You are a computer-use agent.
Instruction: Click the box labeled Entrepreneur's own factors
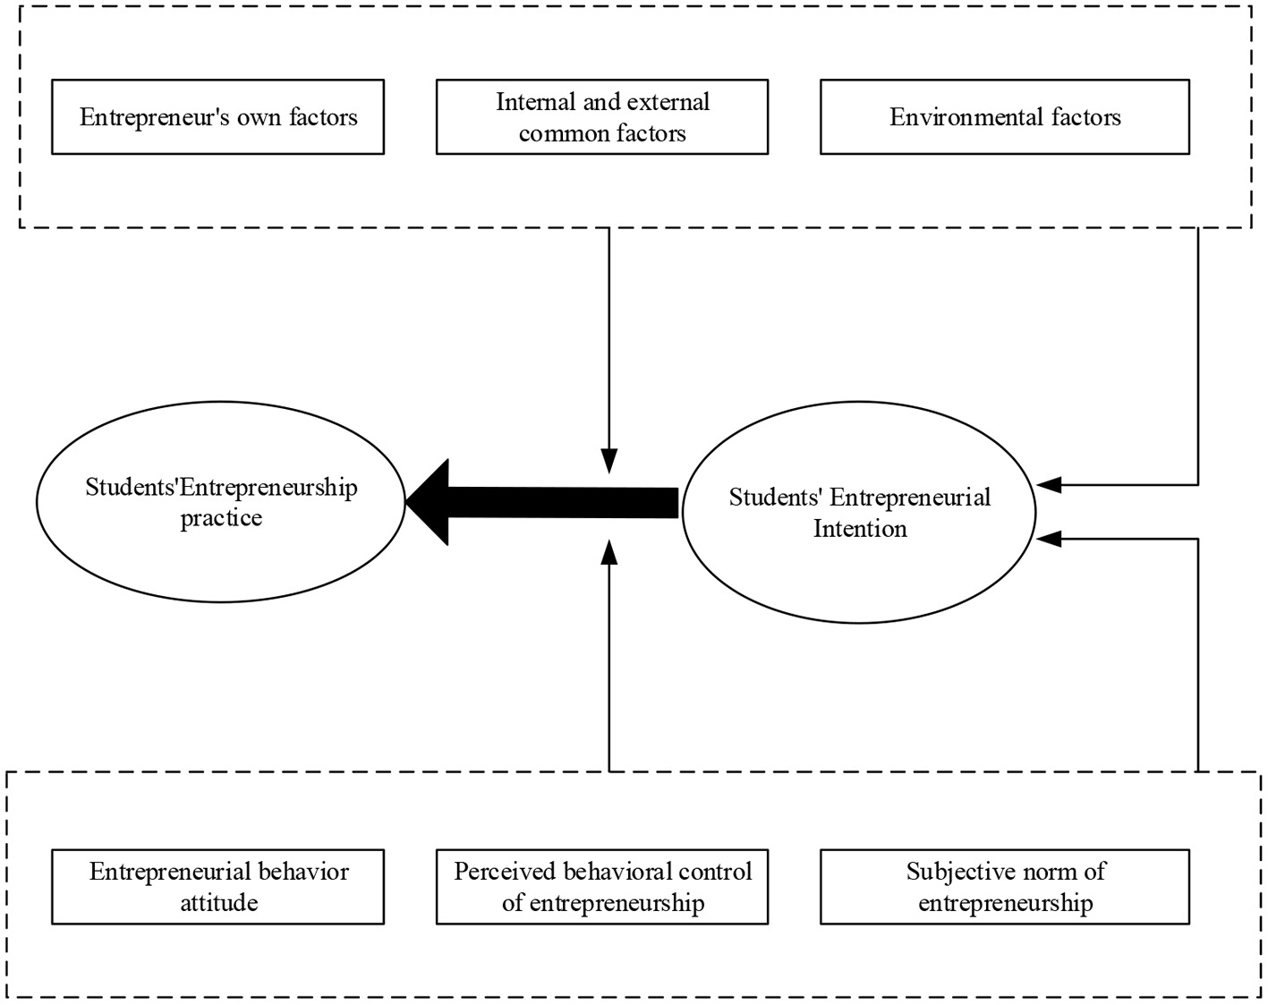[x=217, y=117]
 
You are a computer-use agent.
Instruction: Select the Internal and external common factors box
[x=601, y=117]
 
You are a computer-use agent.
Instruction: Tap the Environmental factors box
[x=1004, y=117]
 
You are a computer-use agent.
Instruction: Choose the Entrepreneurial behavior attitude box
[x=217, y=887]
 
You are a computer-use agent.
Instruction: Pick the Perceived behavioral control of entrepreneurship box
[x=601, y=887]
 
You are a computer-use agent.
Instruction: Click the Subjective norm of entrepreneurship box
[x=1004, y=887]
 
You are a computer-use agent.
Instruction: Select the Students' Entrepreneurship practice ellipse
[x=220, y=501]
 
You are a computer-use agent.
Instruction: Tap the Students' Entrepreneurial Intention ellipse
[x=859, y=512]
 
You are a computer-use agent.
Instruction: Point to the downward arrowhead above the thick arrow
[x=609, y=460]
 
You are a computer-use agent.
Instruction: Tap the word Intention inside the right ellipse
[x=860, y=529]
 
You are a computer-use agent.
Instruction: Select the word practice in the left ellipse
[x=221, y=518]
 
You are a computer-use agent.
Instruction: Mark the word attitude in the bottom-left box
[x=219, y=903]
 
